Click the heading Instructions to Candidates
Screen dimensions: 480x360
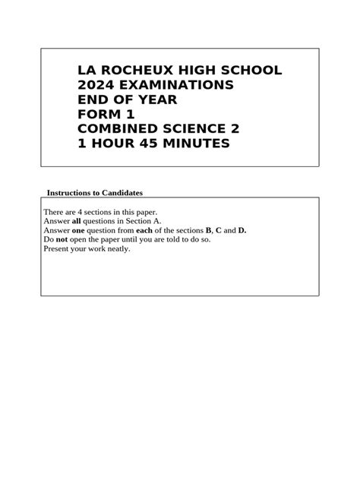pyautogui.click(x=95, y=193)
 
